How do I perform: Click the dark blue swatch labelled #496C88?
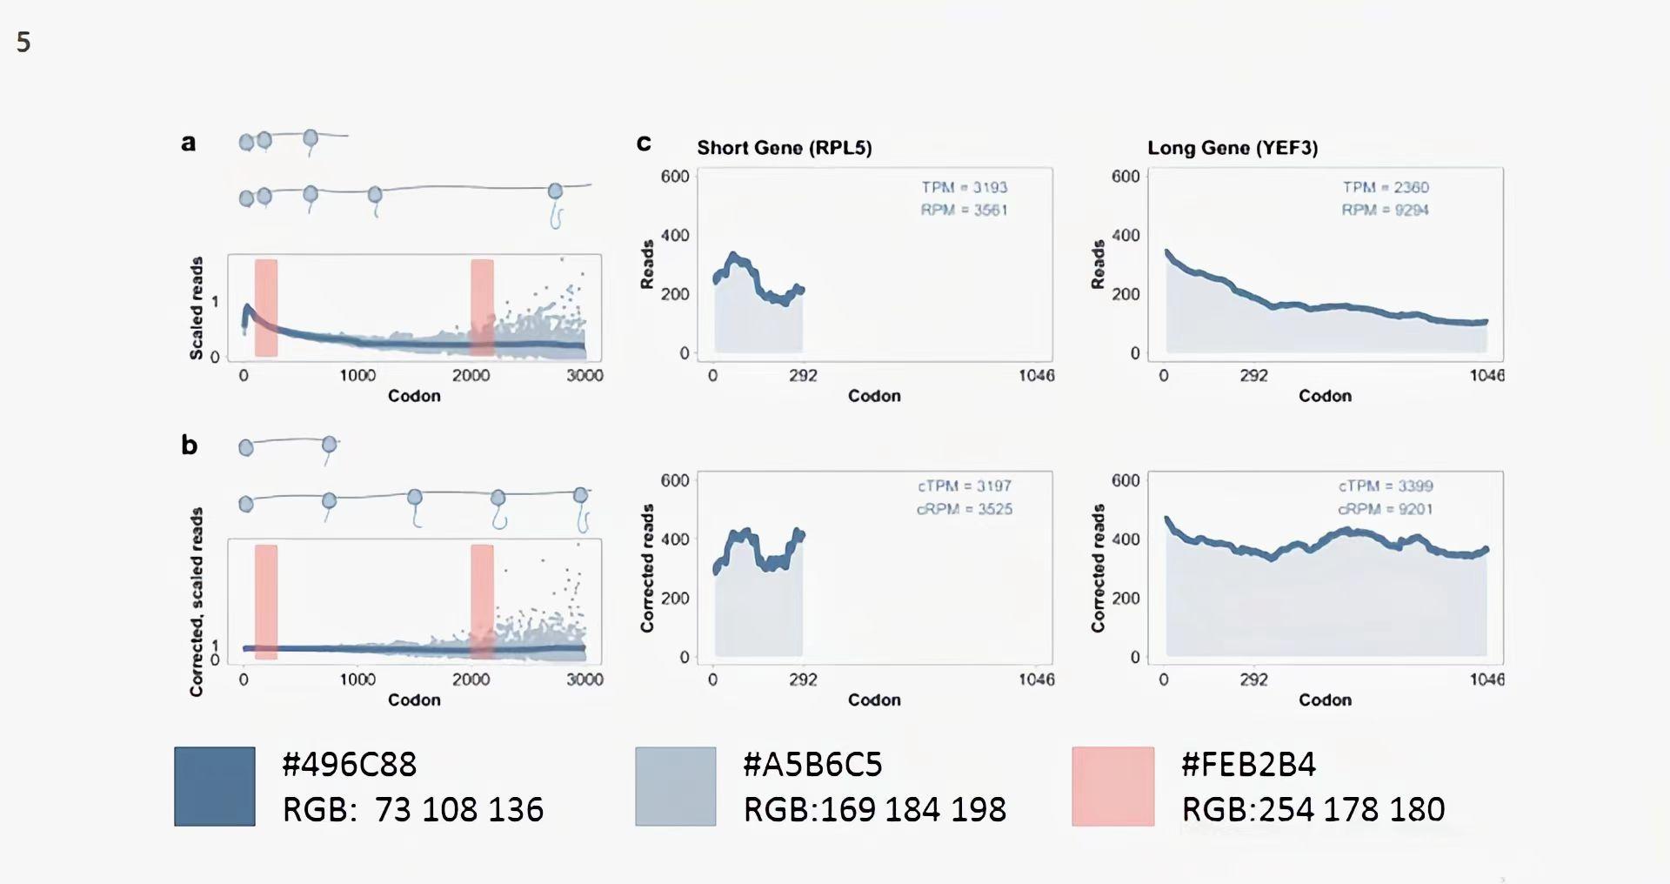pos(214,786)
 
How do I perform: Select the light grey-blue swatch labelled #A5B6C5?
pos(675,786)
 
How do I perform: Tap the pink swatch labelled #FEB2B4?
pos(1112,786)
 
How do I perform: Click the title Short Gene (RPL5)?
pos(784,148)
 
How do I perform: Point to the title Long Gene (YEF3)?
pos(1232,148)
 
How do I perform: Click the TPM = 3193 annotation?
pos(964,187)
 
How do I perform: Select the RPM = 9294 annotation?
pos(1385,210)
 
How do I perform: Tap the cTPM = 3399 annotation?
pos(1385,486)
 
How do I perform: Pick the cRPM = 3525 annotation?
pos(964,509)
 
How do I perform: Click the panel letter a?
pos(188,143)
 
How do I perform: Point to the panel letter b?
pos(189,445)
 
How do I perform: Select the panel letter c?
pos(644,143)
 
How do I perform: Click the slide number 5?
pos(23,42)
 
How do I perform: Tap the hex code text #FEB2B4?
pos(1248,765)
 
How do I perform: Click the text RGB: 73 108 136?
pos(412,810)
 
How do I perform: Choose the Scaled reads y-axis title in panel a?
pos(197,308)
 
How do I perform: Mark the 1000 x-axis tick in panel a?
pos(357,376)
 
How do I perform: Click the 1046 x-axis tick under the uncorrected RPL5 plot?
pos(1036,376)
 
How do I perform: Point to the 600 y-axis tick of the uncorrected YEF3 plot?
pos(1125,177)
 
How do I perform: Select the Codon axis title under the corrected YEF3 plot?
pos(1325,700)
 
